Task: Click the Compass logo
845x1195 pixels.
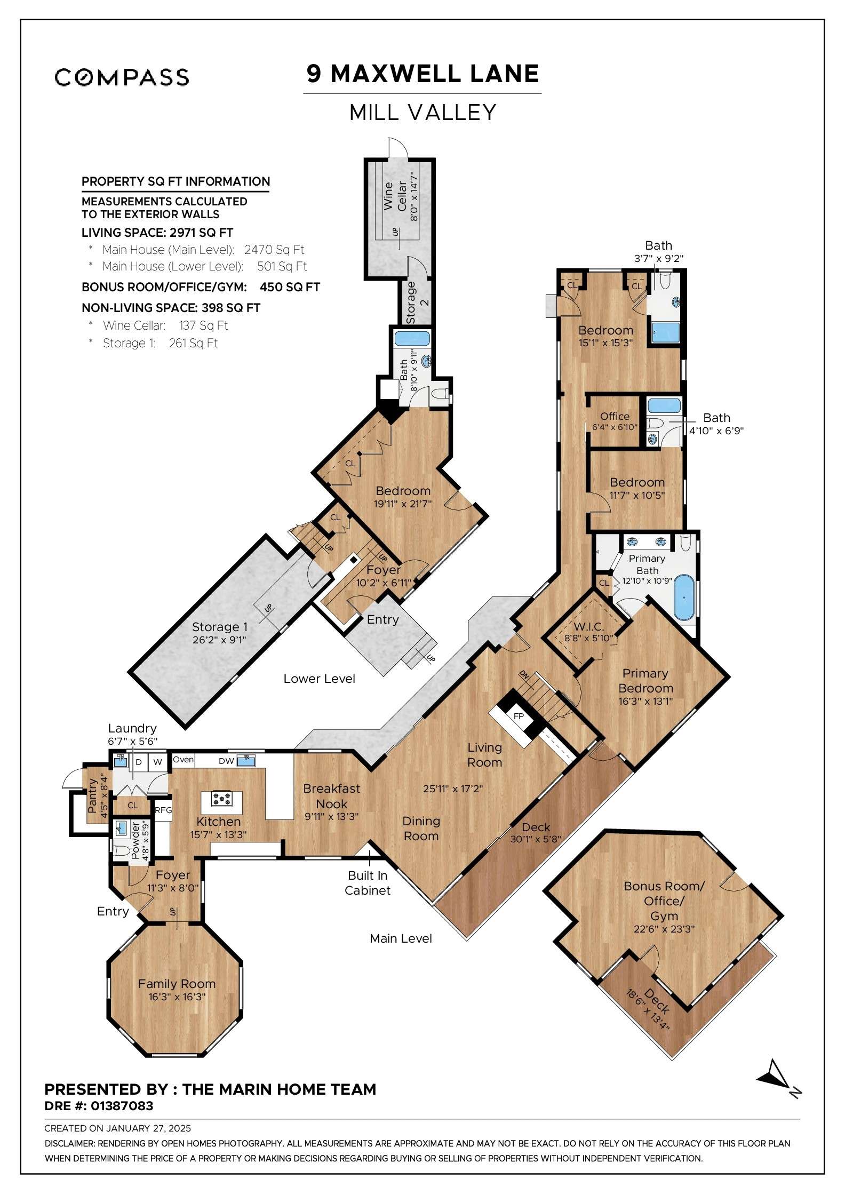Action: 122,77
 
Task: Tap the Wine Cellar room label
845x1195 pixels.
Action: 395,196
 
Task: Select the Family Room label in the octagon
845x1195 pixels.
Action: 177,983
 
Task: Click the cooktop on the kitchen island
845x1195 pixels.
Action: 221,799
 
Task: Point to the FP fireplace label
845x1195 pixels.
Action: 519,716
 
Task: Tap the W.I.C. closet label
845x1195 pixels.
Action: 589,626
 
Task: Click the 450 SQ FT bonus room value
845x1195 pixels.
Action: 290,287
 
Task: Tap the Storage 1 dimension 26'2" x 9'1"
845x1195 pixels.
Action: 219,640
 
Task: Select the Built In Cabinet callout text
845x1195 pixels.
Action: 368,882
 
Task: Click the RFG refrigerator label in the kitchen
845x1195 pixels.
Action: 163,810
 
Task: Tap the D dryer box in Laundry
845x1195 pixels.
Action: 139,762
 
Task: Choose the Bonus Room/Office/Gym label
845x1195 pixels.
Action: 664,901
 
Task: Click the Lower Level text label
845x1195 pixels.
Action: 319,679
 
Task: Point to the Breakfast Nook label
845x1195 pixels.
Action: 331,795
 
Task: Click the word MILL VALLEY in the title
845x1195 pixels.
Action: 422,113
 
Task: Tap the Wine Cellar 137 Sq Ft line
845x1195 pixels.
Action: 165,325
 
